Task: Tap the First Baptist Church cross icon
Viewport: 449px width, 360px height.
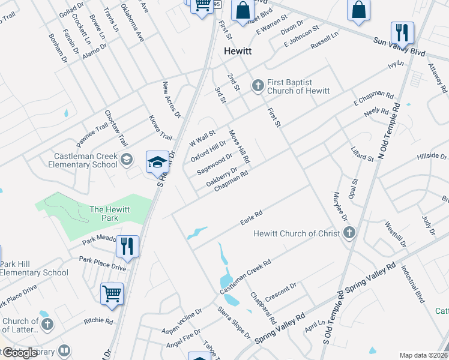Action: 258,85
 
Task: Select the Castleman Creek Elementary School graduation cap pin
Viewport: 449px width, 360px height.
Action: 157,163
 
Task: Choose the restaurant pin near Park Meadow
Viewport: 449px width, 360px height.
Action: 127,245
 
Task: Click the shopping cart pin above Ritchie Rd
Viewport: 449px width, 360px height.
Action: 112,293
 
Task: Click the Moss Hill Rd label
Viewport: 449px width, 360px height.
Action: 238,147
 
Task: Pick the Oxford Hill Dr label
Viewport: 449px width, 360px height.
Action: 208,151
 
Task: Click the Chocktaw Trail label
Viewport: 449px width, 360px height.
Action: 116,128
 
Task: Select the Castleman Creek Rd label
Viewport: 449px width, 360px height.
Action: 246,277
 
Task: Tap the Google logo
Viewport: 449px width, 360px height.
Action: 20,353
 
